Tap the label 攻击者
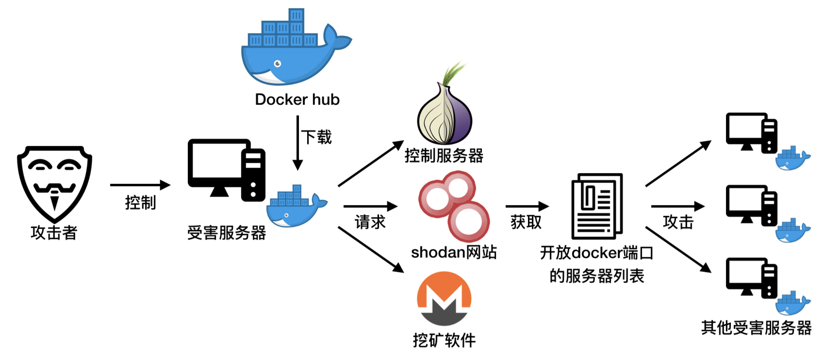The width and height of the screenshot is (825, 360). (54, 233)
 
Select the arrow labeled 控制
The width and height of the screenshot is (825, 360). (140, 185)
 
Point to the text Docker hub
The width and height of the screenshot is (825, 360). (297, 99)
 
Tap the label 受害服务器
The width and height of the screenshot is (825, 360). (227, 233)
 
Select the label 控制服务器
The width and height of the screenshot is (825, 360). (444, 156)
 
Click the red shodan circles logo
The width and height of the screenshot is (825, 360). (453, 206)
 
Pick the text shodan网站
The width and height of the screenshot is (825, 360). (454, 252)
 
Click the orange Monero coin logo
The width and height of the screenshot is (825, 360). (444, 299)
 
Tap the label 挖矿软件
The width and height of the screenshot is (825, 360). (444, 340)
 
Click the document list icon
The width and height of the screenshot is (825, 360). (596, 206)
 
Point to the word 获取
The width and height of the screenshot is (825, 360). (526, 222)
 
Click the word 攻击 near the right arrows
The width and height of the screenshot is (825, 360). (678, 222)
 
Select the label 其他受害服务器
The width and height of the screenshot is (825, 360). (756, 328)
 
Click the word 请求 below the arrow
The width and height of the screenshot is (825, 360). (370, 222)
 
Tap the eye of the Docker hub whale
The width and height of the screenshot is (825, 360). (278, 64)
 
